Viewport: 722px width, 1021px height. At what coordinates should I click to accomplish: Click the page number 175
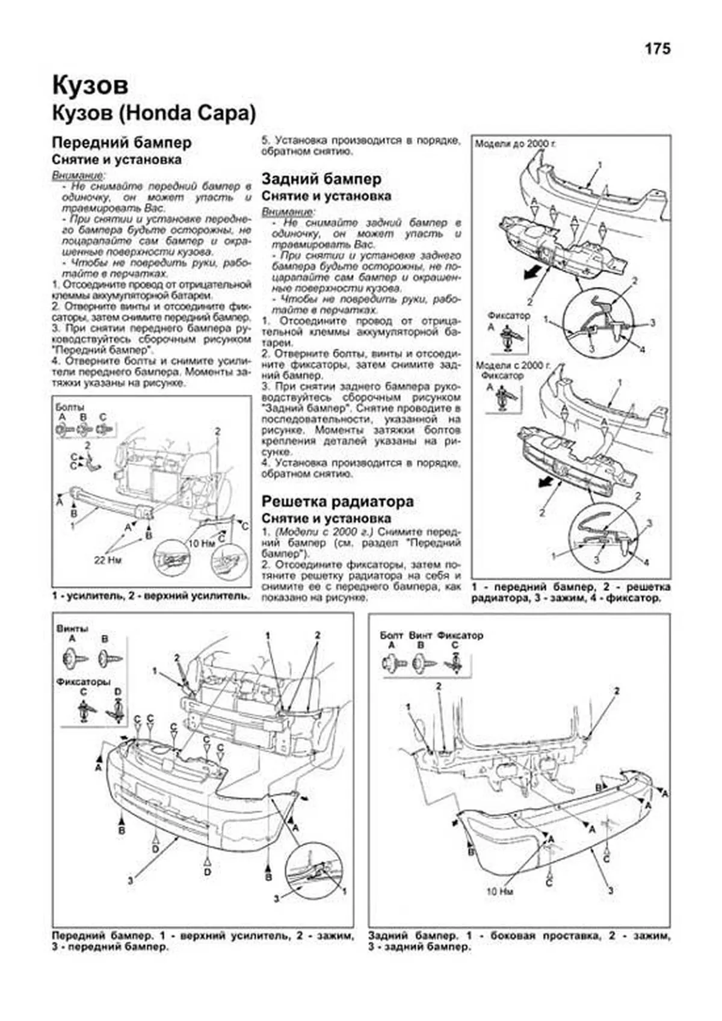[657, 49]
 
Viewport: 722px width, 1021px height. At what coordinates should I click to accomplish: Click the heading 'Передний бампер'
[122, 143]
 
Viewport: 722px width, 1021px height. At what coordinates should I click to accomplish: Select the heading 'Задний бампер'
[321, 179]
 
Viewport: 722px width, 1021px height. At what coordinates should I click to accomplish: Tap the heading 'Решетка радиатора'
[338, 501]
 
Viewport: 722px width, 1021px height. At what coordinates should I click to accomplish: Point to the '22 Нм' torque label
[107, 560]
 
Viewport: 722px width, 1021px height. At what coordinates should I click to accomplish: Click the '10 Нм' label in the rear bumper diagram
[499, 908]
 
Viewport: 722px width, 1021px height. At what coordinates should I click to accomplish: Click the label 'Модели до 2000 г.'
[516, 145]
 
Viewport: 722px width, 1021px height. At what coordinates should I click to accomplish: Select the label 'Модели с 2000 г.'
[513, 365]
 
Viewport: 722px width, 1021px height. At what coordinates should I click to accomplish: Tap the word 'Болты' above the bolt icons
[69, 407]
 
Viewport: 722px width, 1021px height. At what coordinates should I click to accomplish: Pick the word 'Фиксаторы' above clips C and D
[84, 682]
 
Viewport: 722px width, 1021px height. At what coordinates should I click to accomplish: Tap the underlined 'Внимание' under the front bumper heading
[78, 175]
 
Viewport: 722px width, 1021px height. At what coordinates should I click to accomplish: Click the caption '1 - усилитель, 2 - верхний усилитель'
[151, 596]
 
